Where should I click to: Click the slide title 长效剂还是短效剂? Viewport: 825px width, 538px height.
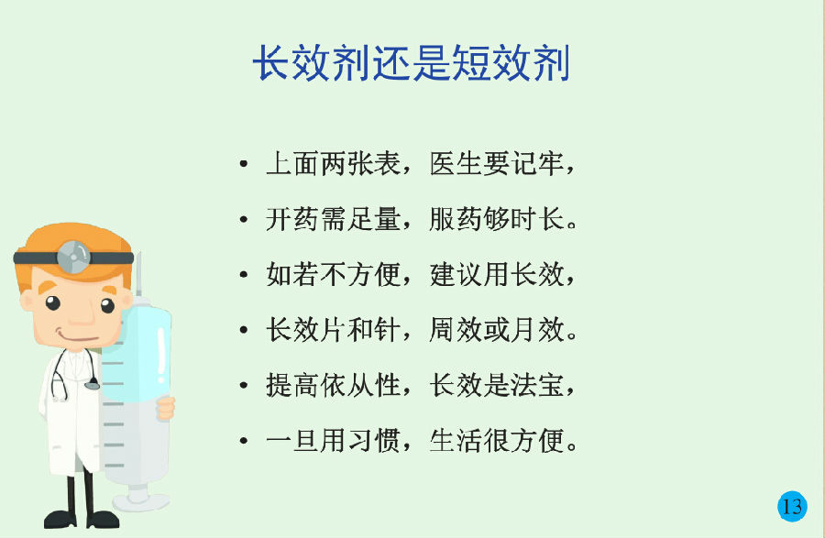coord(412,63)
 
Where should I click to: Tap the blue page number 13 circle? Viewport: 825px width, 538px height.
coord(792,506)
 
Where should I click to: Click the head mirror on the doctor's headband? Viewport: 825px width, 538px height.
coord(73,258)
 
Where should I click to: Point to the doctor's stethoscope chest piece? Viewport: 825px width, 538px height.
coord(92,385)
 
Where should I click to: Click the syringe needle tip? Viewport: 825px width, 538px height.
coord(139,254)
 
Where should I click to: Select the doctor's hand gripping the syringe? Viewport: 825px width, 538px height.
coord(166,409)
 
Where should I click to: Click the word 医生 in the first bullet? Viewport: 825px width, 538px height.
coord(456,163)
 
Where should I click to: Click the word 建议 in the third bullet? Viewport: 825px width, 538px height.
coord(456,275)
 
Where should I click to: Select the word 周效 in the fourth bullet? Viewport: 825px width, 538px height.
coord(456,330)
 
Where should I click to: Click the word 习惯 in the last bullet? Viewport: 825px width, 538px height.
coord(374,441)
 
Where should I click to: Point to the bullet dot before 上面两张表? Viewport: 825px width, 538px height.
coord(243,163)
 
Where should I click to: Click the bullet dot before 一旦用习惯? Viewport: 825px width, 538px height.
coord(243,441)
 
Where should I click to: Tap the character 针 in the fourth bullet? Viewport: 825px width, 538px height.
coord(388,330)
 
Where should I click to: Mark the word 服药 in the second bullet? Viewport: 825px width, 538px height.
coord(456,219)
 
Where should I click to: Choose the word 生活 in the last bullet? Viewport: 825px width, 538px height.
coord(456,441)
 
